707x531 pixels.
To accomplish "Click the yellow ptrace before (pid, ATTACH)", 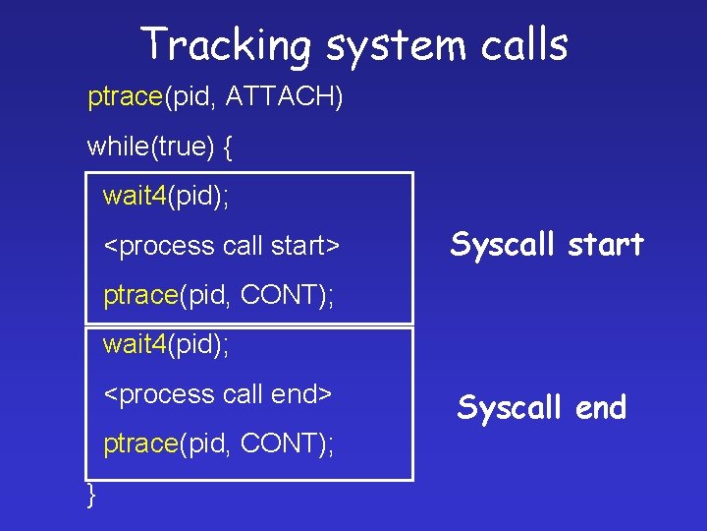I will click(x=125, y=97).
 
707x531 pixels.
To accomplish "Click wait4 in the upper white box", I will click(x=136, y=196).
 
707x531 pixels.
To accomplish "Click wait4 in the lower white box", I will click(x=136, y=344).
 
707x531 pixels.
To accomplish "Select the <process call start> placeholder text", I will click(x=222, y=245).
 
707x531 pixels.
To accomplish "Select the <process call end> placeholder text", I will click(x=218, y=393).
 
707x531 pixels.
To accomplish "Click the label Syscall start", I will click(x=547, y=244).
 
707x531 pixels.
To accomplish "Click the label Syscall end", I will click(x=542, y=407).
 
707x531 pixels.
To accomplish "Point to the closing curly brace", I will click(x=91, y=494).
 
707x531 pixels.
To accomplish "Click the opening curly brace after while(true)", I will click(x=228, y=147).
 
